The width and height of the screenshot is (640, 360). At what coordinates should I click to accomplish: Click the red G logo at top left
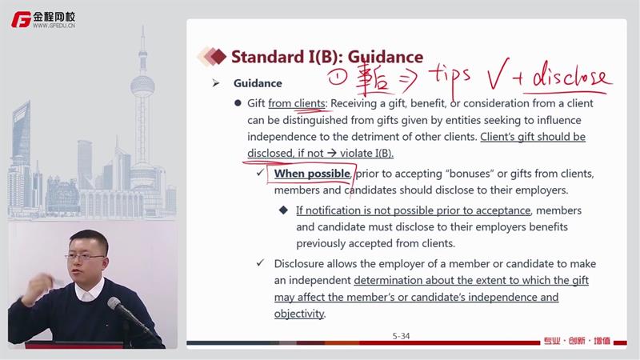coord(22,19)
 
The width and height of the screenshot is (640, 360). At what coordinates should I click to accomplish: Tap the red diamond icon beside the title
coord(218,56)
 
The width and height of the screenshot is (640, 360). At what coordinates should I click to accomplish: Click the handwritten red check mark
coord(498,74)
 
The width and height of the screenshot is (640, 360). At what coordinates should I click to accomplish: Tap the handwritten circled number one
coord(338,77)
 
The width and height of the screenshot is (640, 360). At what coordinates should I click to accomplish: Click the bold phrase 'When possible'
coord(312,174)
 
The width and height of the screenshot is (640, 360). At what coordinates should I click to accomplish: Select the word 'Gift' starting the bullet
coord(256,103)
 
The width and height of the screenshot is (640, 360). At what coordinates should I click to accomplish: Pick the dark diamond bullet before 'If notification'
coord(284,210)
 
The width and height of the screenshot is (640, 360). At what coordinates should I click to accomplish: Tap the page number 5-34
coord(401,336)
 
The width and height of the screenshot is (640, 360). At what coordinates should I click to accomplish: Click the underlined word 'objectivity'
coord(299,314)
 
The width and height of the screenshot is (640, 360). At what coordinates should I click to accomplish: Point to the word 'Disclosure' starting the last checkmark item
coord(299,264)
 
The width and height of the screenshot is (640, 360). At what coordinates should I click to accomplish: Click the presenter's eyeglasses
coord(85,257)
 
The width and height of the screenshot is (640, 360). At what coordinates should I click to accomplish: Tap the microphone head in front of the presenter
coord(114,304)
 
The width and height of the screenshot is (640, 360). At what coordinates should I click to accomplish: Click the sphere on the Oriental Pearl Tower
coord(142,86)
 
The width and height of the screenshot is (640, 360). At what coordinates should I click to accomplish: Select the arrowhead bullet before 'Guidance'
coord(216,83)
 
